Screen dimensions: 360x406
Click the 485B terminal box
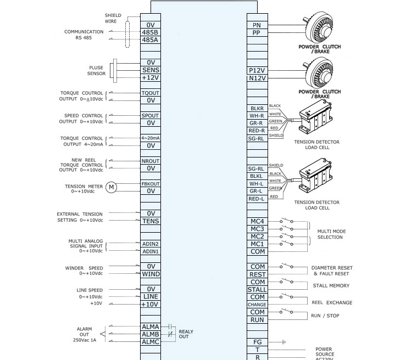click(150, 32)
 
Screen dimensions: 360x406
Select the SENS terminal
click(150, 70)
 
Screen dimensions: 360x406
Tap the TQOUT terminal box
click(150, 93)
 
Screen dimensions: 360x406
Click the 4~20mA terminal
click(150, 138)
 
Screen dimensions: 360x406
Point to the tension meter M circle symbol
click(112, 187)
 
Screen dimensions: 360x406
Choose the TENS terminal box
click(150, 221)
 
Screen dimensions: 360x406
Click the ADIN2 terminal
click(150, 244)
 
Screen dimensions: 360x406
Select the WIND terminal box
click(150, 274)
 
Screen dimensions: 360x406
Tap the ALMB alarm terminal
click(150, 334)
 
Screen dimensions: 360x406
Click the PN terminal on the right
click(257, 25)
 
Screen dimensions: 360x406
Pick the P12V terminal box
click(257, 70)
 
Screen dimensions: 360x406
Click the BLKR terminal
click(257, 109)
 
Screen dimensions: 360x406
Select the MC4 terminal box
click(257, 221)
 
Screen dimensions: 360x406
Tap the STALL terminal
click(257, 289)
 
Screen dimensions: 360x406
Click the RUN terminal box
click(257, 319)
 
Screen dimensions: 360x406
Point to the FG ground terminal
click(257, 342)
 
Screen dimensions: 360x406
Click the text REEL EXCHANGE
click(332, 302)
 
